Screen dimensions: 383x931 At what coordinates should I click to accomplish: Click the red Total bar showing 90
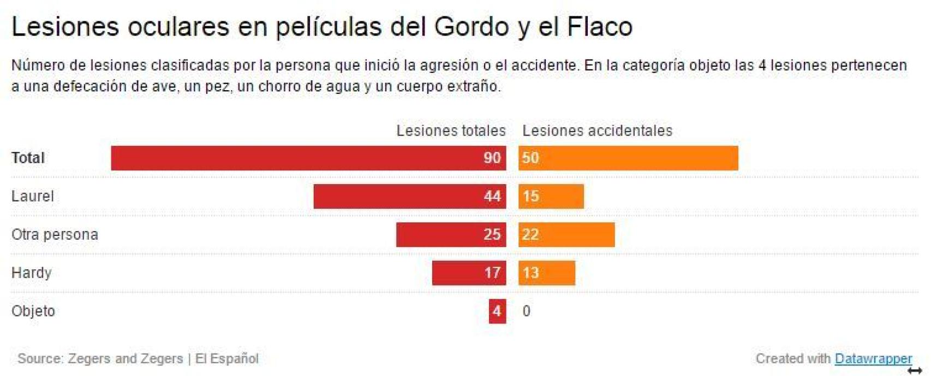[308, 158]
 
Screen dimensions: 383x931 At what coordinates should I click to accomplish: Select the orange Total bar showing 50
[628, 158]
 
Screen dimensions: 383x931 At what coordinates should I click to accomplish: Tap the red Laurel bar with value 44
[409, 196]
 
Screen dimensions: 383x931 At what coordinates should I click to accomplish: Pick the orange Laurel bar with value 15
[551, 196]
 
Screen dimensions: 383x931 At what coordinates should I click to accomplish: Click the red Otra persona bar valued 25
[451, 234]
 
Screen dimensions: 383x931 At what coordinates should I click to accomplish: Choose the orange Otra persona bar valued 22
[566, 234]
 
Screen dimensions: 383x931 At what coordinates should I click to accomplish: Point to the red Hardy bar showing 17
[469, 273]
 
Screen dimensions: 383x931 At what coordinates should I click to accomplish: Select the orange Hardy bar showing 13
[547, 273]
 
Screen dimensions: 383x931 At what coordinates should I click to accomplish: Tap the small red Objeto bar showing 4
[497, 311]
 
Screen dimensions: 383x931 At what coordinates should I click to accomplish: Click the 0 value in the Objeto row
[526, 311]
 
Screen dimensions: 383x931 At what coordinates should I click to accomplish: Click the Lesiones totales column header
[451, 131]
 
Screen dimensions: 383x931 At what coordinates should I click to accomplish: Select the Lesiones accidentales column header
[597, 131]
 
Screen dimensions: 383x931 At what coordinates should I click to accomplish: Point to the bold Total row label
[28, 158]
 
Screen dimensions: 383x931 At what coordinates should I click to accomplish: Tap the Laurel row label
[32, 196]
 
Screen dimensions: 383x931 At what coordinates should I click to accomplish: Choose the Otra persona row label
[55, 234]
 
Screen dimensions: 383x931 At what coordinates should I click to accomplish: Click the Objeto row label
[33, 311]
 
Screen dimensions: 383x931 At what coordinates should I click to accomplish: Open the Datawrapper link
[873, 358]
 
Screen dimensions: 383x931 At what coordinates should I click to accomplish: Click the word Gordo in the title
[472, 26]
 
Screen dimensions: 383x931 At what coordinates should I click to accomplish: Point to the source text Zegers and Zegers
[125, 358]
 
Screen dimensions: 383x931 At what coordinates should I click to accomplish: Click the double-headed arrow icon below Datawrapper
[915, 372]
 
